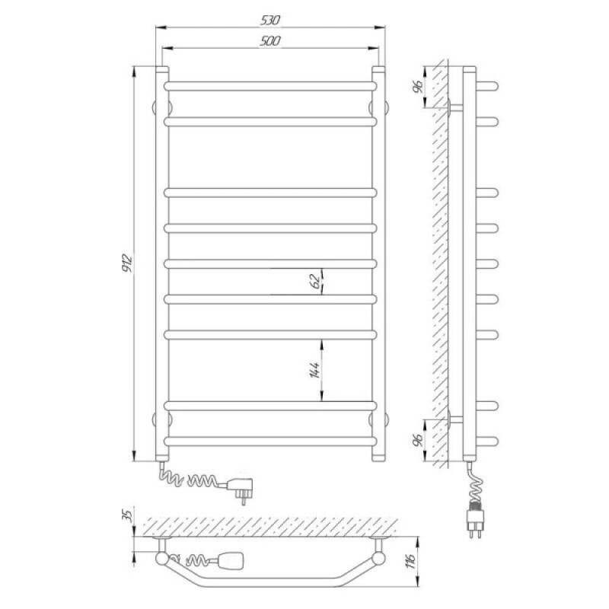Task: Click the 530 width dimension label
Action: tap(269, 21)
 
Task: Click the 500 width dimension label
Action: tap(269, 41)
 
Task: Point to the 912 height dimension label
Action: tap(127, 263)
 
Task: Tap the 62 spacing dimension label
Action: tap(317, 281)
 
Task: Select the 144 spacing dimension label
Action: tap(314, 370)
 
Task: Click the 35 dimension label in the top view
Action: tap(128, 515)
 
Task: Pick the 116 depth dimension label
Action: tap(412, 560)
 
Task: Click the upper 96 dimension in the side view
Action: tap(417, 88)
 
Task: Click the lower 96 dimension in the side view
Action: tap(417, 441)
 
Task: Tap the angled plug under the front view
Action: tap(241, 489)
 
